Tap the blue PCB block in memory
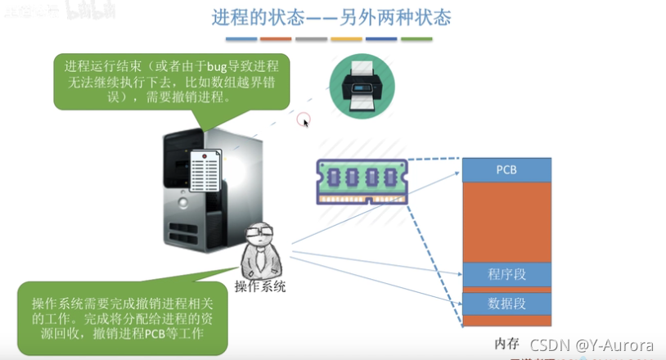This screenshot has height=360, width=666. [506, 169]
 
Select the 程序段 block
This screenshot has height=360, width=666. [506, 273]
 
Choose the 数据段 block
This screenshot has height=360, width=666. [506, 303]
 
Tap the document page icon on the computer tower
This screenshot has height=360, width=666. [205, 173]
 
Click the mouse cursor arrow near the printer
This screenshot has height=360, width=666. [305, 122]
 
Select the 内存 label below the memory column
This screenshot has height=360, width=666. [507, 341]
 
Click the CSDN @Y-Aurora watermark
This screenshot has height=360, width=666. [591, 345]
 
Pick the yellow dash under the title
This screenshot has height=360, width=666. [347, 38]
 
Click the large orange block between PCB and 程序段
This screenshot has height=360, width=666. [506, 221]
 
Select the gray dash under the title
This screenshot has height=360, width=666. [312, 38]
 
